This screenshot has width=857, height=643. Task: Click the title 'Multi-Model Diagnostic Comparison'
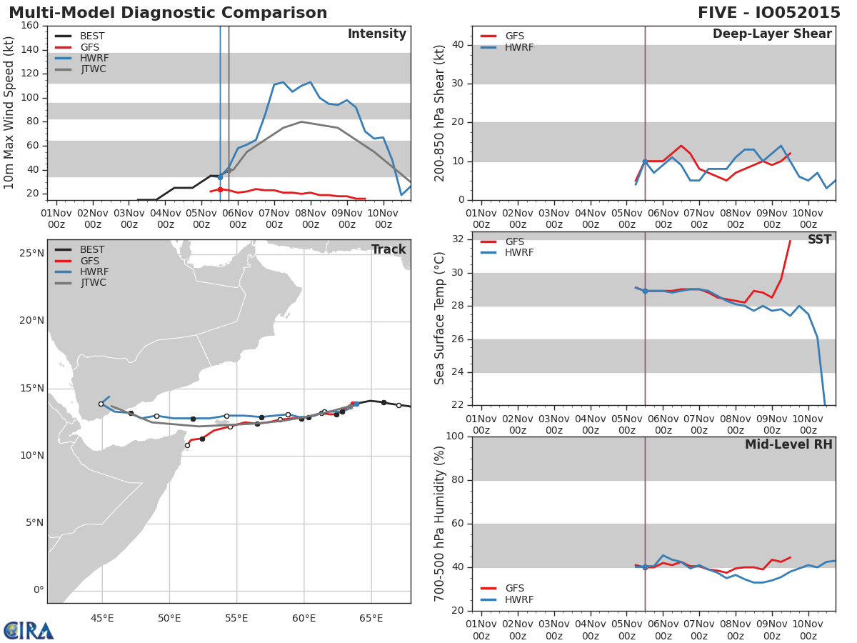168,13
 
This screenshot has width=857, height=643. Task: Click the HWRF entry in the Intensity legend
93,58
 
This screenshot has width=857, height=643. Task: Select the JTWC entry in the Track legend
93,283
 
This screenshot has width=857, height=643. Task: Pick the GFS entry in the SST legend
514,241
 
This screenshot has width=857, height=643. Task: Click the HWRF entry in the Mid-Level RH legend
518,599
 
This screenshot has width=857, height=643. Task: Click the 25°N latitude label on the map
31,253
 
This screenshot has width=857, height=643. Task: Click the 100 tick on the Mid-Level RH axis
453,437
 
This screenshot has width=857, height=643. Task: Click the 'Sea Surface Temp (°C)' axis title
440,318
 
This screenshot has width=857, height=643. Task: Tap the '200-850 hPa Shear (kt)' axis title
440,113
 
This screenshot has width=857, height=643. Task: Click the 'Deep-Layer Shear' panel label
772,34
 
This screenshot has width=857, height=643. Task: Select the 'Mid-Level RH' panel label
788,445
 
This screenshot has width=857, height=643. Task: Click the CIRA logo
29,630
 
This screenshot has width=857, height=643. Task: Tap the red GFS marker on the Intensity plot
220,189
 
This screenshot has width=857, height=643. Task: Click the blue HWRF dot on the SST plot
645,291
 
